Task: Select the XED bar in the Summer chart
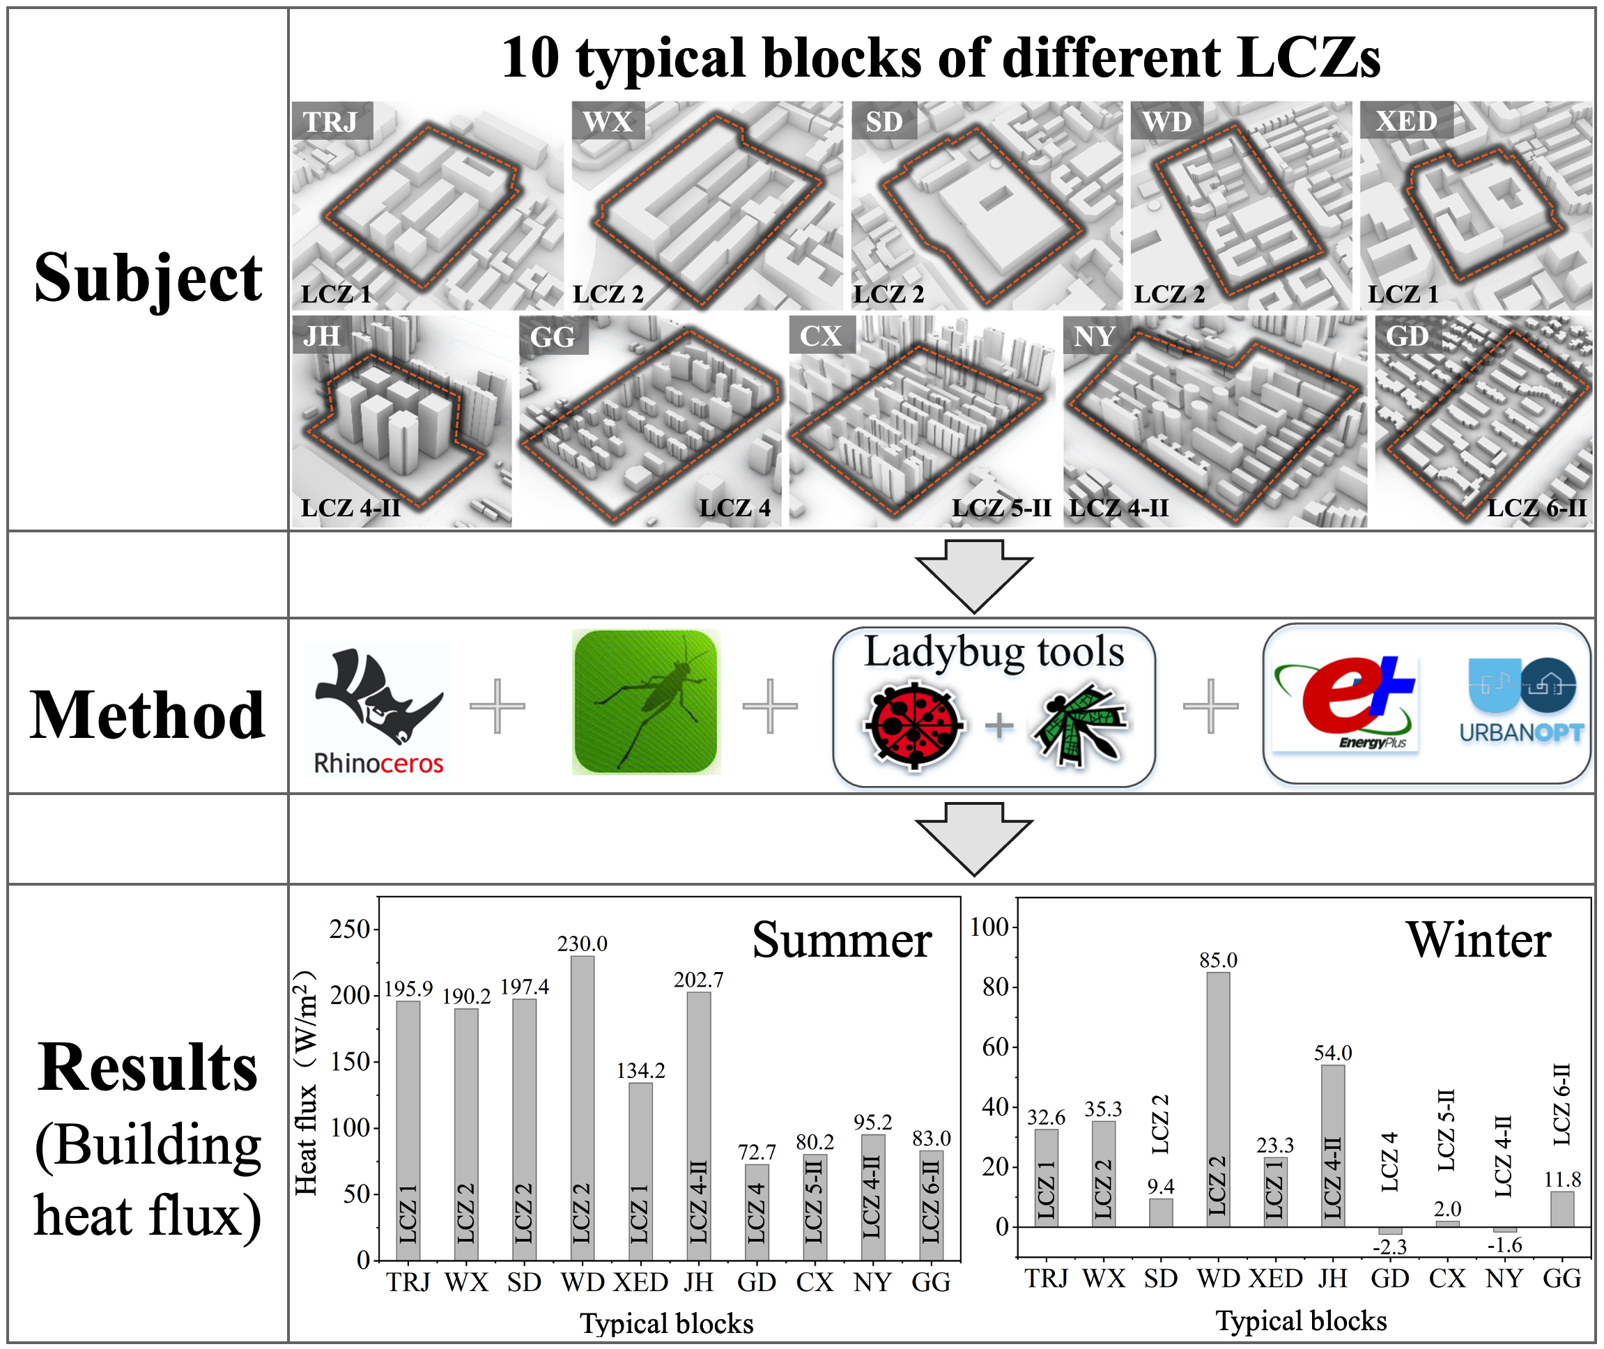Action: pyautogui.click(x=640, y=1170)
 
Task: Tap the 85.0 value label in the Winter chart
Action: pyautogui.click(x=1218, y=959)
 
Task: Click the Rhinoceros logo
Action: pyautogui.click(x=378, y=709)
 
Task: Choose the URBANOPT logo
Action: pyautogui.click(x=1521, y=700)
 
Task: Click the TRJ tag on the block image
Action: pyautogui.click(x=331, y=121)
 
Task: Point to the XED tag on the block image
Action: pyautogui.click(x=1405, y=120)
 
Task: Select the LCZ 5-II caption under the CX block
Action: pyautogui.click(x=1001, y=507)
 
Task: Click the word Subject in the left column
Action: pyautogui.click(x=148, y=277)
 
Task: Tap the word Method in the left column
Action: pyautogui.click(x=148, y=715)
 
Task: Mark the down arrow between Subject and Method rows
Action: pyautogui.click(x=973, y=574)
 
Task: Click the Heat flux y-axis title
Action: pyautogui.click(x=306, y=1083)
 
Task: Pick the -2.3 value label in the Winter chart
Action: pyautogui.click(x=1389, y=1247)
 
